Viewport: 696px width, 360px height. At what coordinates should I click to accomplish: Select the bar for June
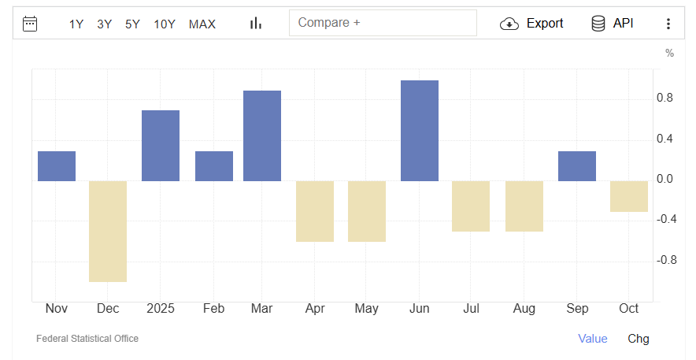point(420,131)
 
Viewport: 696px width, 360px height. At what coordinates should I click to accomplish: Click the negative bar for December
point(108,231)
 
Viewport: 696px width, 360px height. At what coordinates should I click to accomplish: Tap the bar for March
point(262,135)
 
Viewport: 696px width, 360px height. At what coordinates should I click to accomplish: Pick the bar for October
point(629,196)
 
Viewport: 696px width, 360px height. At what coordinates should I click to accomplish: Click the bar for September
point(577,165)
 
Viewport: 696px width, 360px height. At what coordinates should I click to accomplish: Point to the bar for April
point(315,211)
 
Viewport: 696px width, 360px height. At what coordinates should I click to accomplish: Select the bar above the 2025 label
point(161,146)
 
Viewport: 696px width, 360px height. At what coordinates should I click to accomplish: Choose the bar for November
point(57,165)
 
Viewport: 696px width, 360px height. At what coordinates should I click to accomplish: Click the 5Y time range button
point(132,24)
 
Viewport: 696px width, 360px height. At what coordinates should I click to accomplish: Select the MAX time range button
point(202,24)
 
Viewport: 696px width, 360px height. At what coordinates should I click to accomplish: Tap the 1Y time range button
point(76,24)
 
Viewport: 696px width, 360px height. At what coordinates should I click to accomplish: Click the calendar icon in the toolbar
point(30,24)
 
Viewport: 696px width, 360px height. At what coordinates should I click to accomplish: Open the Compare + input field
point(383,23)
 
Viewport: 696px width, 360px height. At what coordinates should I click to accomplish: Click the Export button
point(532,24)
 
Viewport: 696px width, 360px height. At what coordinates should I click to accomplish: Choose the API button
point(613,24)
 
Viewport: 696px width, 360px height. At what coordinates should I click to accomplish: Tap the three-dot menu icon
point(668,24)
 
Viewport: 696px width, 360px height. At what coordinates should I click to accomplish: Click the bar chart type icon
point(256,24)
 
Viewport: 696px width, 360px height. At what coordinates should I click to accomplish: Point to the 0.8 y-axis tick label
point(665,98)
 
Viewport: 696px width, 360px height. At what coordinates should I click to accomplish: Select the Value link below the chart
point(593,339)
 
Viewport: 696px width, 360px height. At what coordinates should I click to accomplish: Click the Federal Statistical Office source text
point(87,339)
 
